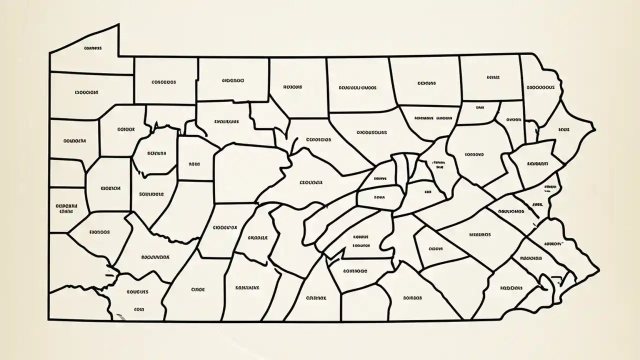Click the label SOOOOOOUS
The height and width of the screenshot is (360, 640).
pyautogui.click(x=540, y=86)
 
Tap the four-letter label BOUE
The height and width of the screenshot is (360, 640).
pyautogui.click(x=563, y=129)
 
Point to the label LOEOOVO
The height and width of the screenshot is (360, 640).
pyautogui.click(x=474, y=154)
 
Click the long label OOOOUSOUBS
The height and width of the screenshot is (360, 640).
pyautogui.click(x=371, y=133)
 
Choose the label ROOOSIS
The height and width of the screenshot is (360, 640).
pyautogui.click(x=292, y=86)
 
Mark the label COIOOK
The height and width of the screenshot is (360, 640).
pyautogui.click(x=126, y=129)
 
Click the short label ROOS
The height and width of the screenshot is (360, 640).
pyautogui.click(x=194, y=163)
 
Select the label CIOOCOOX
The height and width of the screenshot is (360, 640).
pyautogui.click(x=225, y=227)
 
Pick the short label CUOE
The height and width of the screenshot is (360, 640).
pyautogui.click(x=198, y=289)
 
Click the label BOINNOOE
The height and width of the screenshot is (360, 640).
pyautogui.click(x=355, y=271)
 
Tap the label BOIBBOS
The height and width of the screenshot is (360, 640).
pyautogui.click(x=412, y=297)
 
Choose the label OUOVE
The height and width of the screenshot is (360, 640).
pyautogui.click(x=435, y=247)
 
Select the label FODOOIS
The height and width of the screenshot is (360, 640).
pyautogui.click(x=511, y=288)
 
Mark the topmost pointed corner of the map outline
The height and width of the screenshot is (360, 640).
pyautogui.click(x=118, y=24)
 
